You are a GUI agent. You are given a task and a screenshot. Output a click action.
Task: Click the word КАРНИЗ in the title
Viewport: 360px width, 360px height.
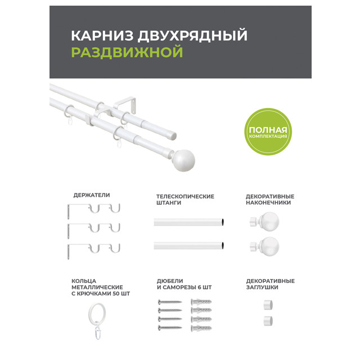click(102, 35)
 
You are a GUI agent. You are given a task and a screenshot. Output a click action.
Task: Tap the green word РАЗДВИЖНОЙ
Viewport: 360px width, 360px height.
click(127, 52)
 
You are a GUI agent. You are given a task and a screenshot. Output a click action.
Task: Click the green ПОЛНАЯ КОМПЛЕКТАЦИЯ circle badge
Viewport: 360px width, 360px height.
click(268, 132)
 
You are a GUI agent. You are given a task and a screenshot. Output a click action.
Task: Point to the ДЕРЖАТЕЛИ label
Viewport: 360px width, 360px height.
click(92, 195)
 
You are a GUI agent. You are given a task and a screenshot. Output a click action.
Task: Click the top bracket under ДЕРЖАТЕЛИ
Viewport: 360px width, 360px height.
click(94, 210)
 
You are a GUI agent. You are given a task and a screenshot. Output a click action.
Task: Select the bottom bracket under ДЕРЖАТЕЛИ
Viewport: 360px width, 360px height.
click(94, 250)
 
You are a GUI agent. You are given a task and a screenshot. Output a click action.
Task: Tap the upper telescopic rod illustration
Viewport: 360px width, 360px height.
click(189, 222)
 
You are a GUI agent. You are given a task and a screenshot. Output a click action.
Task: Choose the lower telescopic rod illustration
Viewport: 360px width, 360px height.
click(189, 245)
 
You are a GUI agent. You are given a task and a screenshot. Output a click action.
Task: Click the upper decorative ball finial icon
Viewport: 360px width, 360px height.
click(264, 221)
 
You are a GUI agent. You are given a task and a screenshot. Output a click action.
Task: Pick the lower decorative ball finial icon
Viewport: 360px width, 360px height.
click(264, 246)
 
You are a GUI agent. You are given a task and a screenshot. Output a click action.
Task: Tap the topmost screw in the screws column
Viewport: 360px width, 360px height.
click(170, 301)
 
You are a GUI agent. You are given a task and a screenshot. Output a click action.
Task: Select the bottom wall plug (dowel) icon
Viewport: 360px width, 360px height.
click(201, 328)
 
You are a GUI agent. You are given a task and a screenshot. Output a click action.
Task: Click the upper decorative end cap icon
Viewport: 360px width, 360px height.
click(268, 305)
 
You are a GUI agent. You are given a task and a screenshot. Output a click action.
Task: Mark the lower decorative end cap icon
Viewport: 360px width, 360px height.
click(268, 321)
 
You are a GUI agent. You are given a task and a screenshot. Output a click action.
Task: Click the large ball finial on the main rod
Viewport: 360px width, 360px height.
click(183, 160)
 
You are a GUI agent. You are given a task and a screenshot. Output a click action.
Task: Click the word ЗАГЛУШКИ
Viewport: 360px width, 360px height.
click(262, 287)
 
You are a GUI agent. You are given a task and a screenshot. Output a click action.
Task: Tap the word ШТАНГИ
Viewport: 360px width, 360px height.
click(169, 202)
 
